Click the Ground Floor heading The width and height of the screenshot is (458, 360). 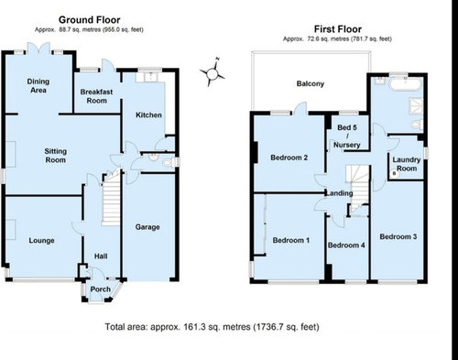coord(89,20)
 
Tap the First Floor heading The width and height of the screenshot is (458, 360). coord(338,29)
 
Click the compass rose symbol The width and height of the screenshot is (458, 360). coord(213,72)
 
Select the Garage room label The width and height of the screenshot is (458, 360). coord(147,227)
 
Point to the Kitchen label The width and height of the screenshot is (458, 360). coord(148,115)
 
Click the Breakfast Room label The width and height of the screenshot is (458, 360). coord(96,96)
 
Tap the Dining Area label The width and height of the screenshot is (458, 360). coord(38,86)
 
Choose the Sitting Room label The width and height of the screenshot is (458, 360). coord(55,156)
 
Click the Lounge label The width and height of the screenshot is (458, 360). coord(41,241)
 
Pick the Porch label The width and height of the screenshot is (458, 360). coord(101,289)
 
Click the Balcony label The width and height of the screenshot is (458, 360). coord(311,83)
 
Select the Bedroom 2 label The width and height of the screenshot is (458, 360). coord(289,158)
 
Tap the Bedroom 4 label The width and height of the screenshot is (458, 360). coord(346,245)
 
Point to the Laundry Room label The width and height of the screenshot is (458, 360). coord(407,164)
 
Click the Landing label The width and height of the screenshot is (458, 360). coord(339,193)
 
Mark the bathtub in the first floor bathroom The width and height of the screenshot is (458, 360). coord(406,83)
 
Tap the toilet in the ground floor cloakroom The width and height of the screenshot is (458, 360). coord(168,163)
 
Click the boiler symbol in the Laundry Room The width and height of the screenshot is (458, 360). coord(394,173)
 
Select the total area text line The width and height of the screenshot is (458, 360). coord(213,327)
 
